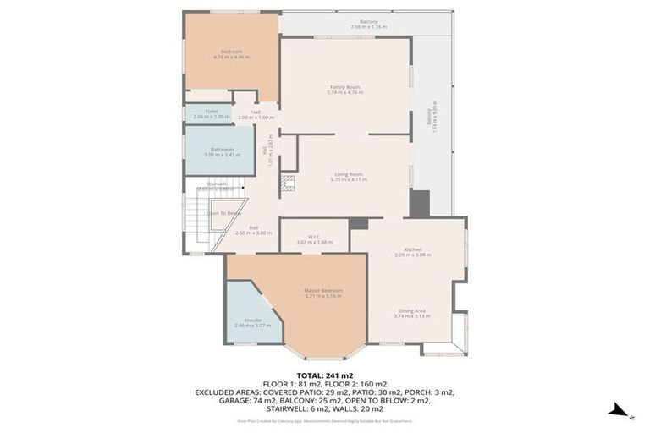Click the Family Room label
click(344, 89)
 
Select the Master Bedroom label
click(322, 293)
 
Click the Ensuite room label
click(252, 322)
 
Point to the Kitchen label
click(413, 251)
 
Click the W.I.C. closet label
click(314, 239)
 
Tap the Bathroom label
click(222, 151)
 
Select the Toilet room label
click(211, 113)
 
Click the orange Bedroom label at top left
click(231, 53)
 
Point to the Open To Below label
click(223, 213)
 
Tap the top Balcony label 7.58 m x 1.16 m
click(368, 24)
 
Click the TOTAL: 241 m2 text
click(324, 375)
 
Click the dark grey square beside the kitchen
click(419, 203)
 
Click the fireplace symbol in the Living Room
click(288, 182)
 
